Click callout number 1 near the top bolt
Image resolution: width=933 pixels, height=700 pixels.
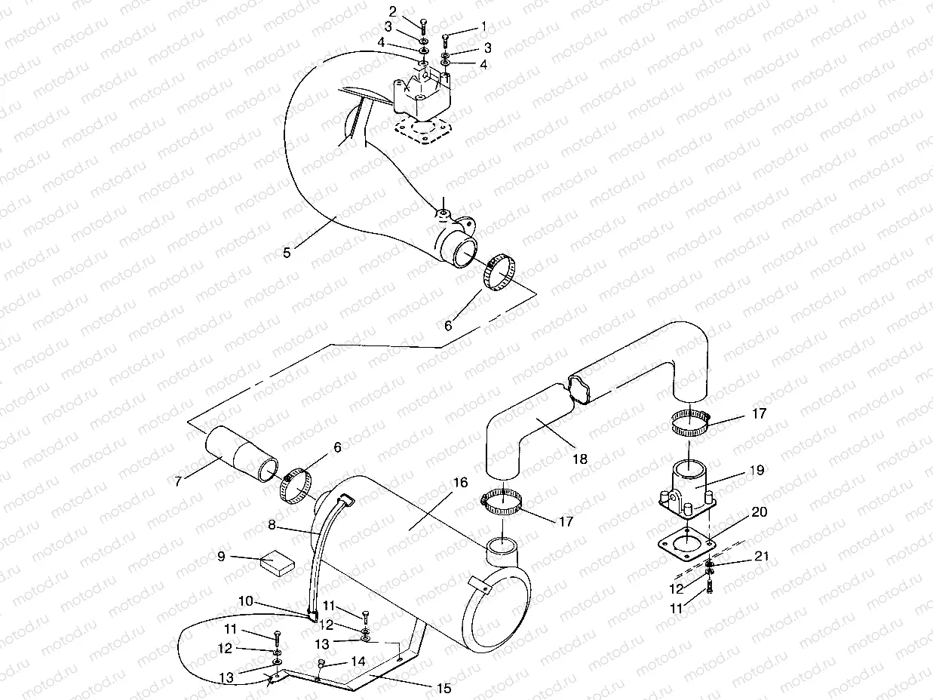[x=483, y=26]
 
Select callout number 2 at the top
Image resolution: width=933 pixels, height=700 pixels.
[x=393, y=11]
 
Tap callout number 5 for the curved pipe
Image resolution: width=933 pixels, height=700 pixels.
[x=287, y=253]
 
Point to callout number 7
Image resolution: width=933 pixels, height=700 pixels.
[x=178, y=480]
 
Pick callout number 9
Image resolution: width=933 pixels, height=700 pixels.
[x=222, y=557]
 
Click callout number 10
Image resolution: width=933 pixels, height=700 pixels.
[x=246, y=601]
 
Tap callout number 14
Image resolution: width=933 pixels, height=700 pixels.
[x=358, y=661]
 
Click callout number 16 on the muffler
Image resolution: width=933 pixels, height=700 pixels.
[x=460, y=483]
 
